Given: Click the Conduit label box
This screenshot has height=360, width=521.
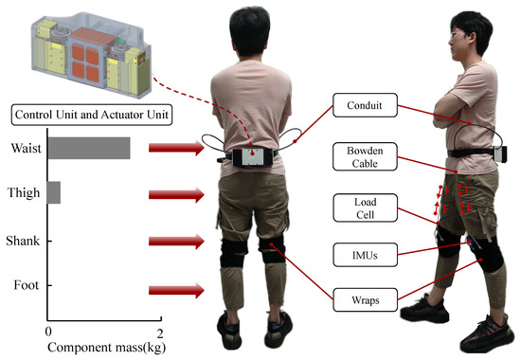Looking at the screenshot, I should click(366, 105).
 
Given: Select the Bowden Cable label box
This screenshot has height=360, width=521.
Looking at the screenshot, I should click(366, 159).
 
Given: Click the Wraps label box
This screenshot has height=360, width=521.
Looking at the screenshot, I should click(366, 302).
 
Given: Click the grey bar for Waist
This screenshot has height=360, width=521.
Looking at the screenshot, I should click(89, 148).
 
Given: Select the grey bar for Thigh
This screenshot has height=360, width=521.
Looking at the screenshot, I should click(54, 193).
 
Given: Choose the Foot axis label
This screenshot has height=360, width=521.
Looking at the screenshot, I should click(26, 285).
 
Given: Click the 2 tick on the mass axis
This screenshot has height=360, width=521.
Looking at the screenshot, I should click(160, 334).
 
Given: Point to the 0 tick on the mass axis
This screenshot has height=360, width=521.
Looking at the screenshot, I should click(48, 334).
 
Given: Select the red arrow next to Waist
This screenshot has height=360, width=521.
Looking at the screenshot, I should click(178, 148).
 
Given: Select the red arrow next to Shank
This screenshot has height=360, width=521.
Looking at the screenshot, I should click(178, 241).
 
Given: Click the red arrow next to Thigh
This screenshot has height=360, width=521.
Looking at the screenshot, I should click(178, 194).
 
